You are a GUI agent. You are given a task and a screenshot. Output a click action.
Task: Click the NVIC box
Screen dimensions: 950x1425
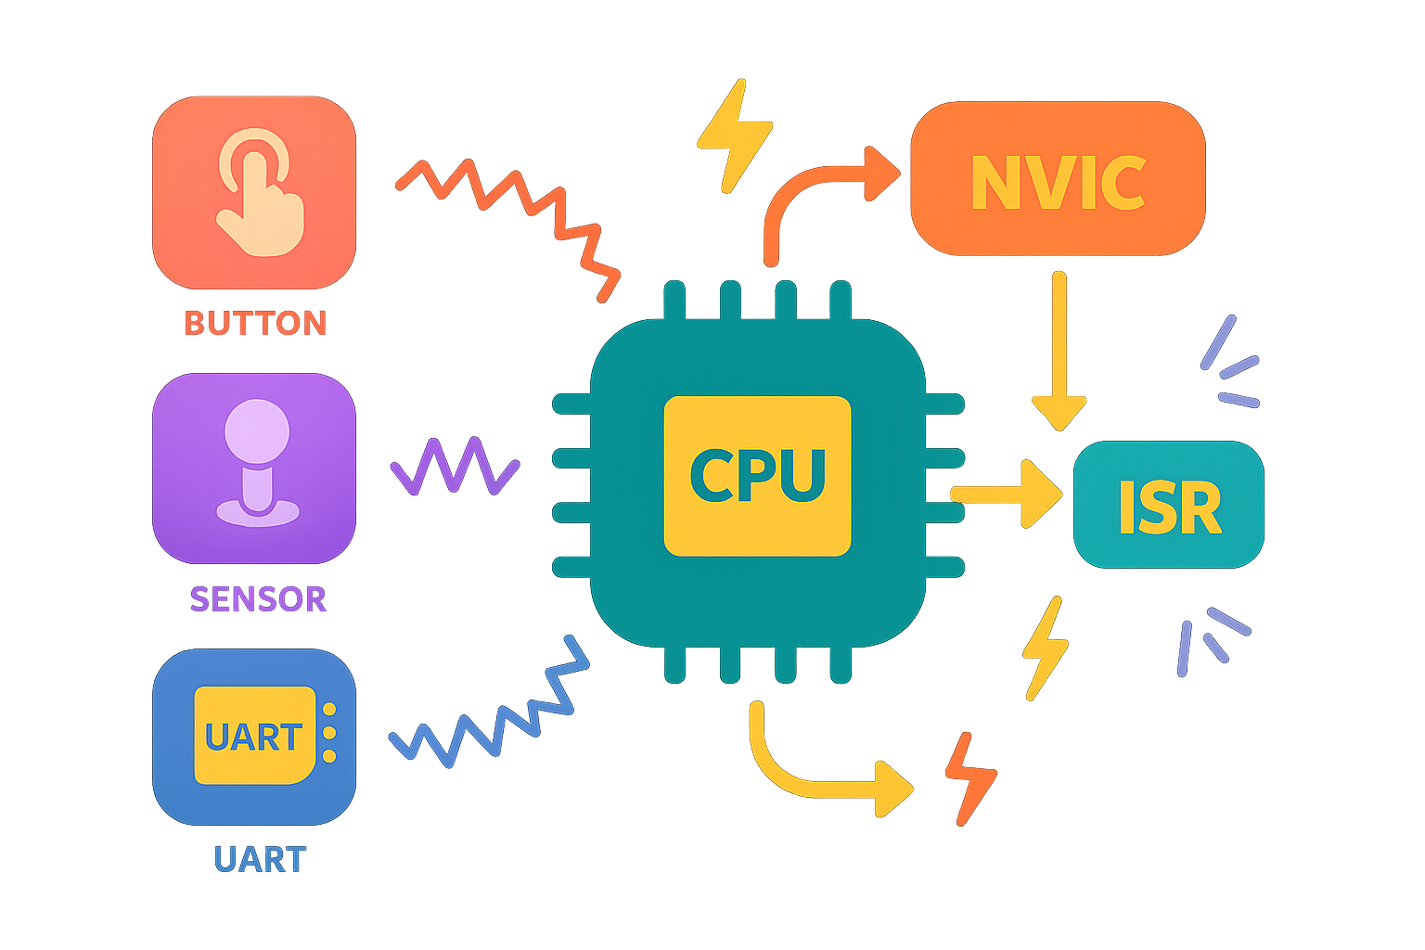(x=1058, y=179)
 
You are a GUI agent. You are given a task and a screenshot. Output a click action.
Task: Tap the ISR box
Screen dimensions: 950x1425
(x=1168, y=506)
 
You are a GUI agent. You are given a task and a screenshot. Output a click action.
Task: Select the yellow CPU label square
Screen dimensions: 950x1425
(x=757, y=476)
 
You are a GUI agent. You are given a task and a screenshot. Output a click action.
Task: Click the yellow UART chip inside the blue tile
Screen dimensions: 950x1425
(x=254, y=736)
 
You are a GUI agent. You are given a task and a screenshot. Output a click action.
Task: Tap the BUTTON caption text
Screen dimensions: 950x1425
(x=255, y=323)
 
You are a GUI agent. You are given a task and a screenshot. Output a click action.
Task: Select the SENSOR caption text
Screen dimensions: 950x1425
(x=258, y=598)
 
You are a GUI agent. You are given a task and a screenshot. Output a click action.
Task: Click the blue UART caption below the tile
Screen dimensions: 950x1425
(x=260, y=859)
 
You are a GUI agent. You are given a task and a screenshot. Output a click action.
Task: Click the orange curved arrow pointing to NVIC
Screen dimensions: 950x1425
(x=816, y=195)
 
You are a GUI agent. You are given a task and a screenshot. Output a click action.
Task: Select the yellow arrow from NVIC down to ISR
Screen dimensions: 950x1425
(x=1059, y=353)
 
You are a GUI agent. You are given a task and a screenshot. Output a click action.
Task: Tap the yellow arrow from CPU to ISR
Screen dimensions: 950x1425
(x=1007, y=494)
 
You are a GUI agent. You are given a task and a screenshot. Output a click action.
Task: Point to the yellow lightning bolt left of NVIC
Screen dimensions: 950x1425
(x=734, y=135)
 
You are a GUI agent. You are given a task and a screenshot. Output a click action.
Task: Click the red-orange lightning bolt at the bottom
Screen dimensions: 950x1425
(x=969, y=777)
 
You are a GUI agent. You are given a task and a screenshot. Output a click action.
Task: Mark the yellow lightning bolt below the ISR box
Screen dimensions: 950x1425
(x=1045, y=648)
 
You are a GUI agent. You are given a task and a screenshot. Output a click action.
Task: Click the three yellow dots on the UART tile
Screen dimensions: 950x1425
(x=328, y=733)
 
